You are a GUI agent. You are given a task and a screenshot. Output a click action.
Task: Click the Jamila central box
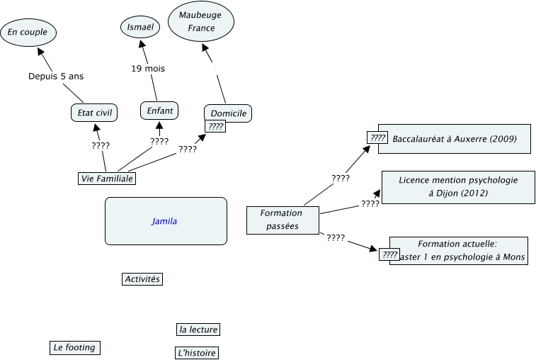166,221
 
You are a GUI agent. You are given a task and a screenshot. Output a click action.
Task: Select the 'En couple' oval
28,31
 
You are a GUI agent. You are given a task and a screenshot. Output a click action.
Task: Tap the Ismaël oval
139,27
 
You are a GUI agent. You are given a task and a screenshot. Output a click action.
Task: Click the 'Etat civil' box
94,112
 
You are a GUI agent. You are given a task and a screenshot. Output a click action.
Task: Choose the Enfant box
159,111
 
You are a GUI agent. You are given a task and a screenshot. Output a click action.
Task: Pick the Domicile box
228,113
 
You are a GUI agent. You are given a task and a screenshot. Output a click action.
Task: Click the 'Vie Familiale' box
106,179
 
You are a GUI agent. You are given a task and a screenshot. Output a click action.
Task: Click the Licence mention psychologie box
457,186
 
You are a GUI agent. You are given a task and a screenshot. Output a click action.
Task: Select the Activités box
142,279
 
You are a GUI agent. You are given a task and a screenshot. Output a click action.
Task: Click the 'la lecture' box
198,330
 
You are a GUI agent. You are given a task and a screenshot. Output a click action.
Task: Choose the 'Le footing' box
74,347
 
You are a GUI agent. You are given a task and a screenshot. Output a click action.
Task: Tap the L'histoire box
195,353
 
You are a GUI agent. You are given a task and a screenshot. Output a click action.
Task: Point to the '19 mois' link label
148,69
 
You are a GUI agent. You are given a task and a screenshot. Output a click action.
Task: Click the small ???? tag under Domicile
215,127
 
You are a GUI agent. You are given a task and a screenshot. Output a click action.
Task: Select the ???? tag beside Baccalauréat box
377,138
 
